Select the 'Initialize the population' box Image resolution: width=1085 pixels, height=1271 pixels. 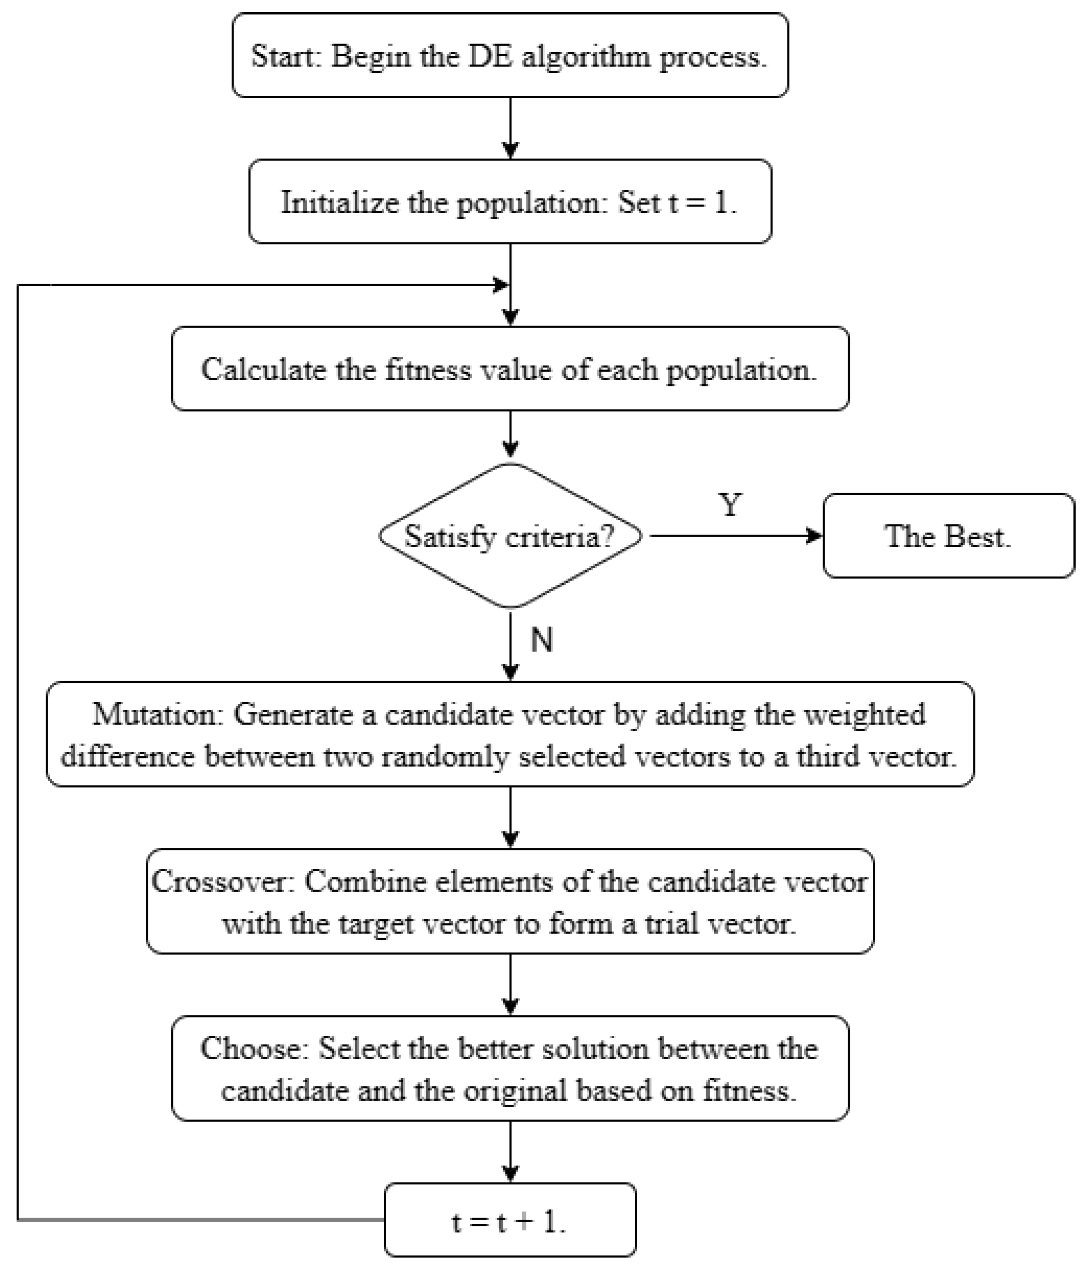coord(510,202)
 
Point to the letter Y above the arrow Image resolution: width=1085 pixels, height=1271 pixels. coord(730,505)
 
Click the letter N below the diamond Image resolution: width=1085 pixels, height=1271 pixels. coord(541,640)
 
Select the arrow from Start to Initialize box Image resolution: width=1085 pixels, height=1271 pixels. coord(510,129)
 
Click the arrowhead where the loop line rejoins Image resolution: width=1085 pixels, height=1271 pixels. coord(502,285)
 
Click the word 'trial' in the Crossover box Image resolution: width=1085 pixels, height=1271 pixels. coord(671,923)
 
